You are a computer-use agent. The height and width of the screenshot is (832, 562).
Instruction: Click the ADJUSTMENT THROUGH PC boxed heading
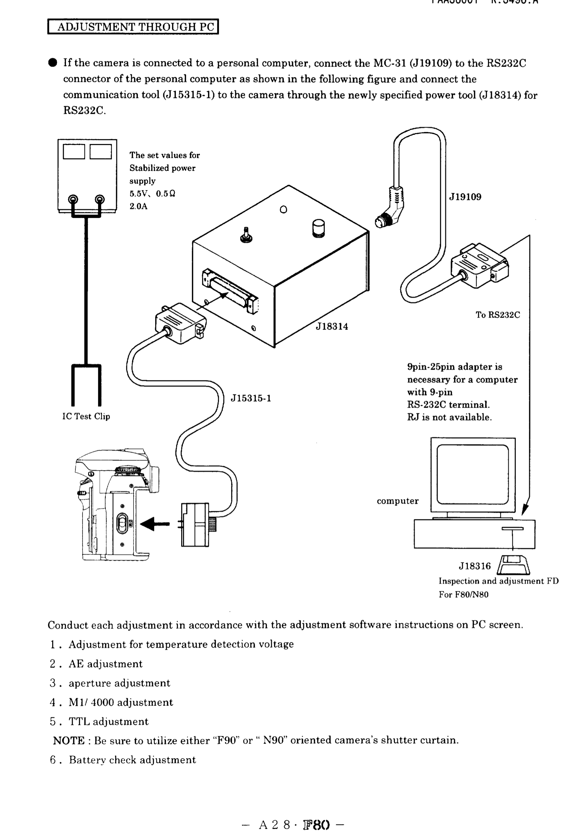click(x=133, y=27)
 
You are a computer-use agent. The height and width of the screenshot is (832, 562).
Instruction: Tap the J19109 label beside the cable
click(x=465, y=197)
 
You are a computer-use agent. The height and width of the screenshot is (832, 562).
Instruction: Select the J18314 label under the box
click(x=332, y=326)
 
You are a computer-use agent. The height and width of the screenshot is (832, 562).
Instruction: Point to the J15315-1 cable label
click(x=251, y=398)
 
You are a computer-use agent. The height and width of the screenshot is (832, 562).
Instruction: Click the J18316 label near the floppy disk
click(x=475, y=566)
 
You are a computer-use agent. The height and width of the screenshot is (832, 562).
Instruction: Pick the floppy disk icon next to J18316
click(x=514, y=565)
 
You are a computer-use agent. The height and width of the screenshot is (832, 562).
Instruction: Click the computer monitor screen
click(x=472, y=474)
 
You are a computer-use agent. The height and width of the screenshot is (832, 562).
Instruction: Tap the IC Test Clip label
click(x=86, y=416)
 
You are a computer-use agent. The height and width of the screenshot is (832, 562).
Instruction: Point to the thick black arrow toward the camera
click(x=154, y=524)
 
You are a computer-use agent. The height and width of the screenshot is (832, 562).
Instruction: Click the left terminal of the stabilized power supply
click(x=73, y=199)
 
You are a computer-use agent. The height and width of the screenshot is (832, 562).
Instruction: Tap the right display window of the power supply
click(x=100, y=151)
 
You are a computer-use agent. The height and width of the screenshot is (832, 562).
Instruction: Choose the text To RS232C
click(x=497, y=315)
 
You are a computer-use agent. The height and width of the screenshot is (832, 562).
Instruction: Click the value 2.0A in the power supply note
click(x=139, y=206)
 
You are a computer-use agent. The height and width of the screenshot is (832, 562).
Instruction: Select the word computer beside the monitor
click(x=397, y=501)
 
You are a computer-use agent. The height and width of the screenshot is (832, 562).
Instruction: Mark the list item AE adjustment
click(x=105, y=664)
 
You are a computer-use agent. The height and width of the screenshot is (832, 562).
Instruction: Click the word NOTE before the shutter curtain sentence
click(x=69, y=740)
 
